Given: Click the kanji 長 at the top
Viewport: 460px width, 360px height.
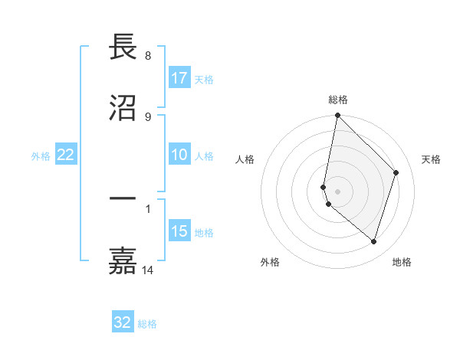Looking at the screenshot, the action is (123, 47).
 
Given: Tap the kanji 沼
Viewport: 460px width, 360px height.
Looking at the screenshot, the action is (123, 107).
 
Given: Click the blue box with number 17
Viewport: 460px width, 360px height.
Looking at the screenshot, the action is (179, 78).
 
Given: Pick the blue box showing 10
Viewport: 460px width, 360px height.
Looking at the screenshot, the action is (179, 155).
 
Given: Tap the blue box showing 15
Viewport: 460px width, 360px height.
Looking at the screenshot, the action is (179, 231).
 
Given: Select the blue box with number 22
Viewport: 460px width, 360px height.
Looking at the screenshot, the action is (66, 155).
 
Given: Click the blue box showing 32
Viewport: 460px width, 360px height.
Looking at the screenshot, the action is (123, 322).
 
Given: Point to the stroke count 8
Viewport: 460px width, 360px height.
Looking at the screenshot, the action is (147, 56).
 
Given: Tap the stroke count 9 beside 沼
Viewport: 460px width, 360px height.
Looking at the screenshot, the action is (147, 116).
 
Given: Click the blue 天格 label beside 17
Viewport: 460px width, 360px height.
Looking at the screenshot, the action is (204, 79).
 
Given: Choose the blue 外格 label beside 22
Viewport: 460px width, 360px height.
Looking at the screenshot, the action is (41, 155).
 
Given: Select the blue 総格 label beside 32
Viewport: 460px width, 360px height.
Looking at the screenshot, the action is (147, 323).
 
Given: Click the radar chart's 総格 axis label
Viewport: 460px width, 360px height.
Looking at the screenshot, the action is (338, 100).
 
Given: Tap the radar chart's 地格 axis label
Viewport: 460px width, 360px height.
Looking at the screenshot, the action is (402, 262).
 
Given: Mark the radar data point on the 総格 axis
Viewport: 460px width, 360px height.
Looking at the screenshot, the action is (337, 116).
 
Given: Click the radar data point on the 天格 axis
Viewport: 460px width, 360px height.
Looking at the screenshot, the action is (396, 173).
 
